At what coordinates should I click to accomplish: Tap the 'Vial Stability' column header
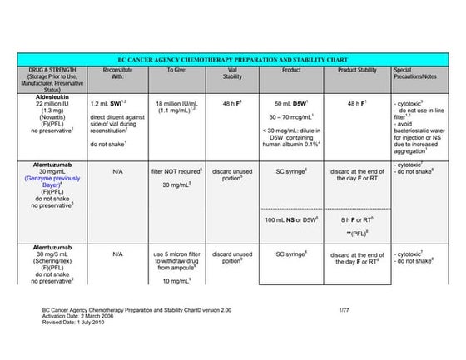click(232, 74)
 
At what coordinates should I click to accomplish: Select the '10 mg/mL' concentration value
click(176, 281)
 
